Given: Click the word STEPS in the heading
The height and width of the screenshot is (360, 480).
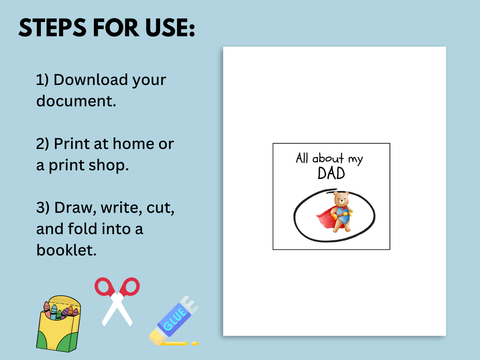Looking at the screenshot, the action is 52,28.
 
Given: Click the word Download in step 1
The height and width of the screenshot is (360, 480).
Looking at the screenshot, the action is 91,80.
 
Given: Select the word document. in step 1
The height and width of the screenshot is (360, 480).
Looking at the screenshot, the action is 76,101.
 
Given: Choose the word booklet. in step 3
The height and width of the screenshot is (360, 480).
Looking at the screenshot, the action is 66,250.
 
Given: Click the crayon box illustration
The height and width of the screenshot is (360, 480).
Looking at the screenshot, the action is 58,324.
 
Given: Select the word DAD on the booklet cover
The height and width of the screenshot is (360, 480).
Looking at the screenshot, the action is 331,173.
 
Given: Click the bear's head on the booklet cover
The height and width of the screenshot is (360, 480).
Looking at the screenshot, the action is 341,199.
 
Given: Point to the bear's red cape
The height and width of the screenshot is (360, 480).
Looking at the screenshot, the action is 327,218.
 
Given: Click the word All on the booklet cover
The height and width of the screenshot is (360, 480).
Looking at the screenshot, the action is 302,158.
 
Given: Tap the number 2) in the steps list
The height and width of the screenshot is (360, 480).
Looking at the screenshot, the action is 43,144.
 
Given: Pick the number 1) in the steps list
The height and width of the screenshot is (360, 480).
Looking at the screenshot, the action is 42,80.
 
